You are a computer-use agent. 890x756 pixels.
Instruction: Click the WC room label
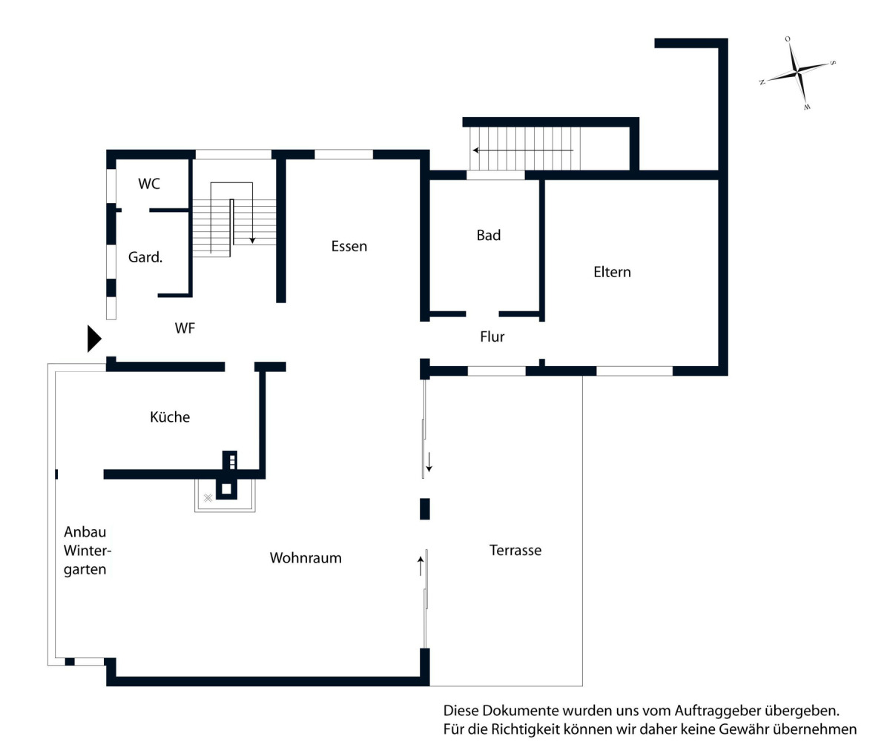(x=149, y=184)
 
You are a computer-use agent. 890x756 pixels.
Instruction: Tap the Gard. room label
(x=145, y=257)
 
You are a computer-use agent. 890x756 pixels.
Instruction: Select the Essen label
(x=349, y=246)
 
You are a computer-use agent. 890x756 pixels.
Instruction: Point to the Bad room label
(x=489, y=236)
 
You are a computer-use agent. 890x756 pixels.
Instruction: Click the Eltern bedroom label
(x=613, y=272)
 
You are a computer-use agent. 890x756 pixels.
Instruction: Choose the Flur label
(x=492, y=336)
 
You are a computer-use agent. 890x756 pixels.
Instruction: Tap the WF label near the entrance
(x=185, y=328)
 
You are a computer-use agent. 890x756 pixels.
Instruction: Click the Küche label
(x=170, y=417)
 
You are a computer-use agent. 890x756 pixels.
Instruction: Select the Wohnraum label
(x=306, y=558)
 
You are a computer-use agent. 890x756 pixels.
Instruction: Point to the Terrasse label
(x=515, y=551)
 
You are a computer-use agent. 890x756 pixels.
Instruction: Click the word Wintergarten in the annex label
(x=88, y=560)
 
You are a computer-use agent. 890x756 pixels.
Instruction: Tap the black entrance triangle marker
(x=94, y=339)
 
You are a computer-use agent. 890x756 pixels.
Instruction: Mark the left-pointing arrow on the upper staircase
(x=523, y=150)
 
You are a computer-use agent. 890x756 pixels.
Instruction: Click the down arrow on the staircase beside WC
(x=252, y=213)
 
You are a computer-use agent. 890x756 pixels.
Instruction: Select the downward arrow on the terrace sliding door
(x=429, y=462)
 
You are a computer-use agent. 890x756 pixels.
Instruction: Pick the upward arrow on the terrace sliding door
(x=421, y=566)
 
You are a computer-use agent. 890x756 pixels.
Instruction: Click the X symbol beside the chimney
(x=208, y=498)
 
